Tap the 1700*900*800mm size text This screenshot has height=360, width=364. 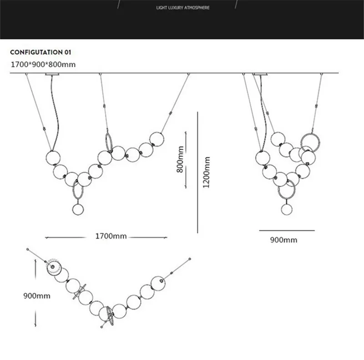coord(43,65)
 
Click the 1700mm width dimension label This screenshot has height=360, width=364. coord(111,236)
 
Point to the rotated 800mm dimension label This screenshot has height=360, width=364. coord(180,160)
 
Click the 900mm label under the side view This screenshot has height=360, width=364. coord(283,240)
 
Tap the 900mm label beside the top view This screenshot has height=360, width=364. coord(36,296)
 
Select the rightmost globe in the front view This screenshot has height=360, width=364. coord(157,138)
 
